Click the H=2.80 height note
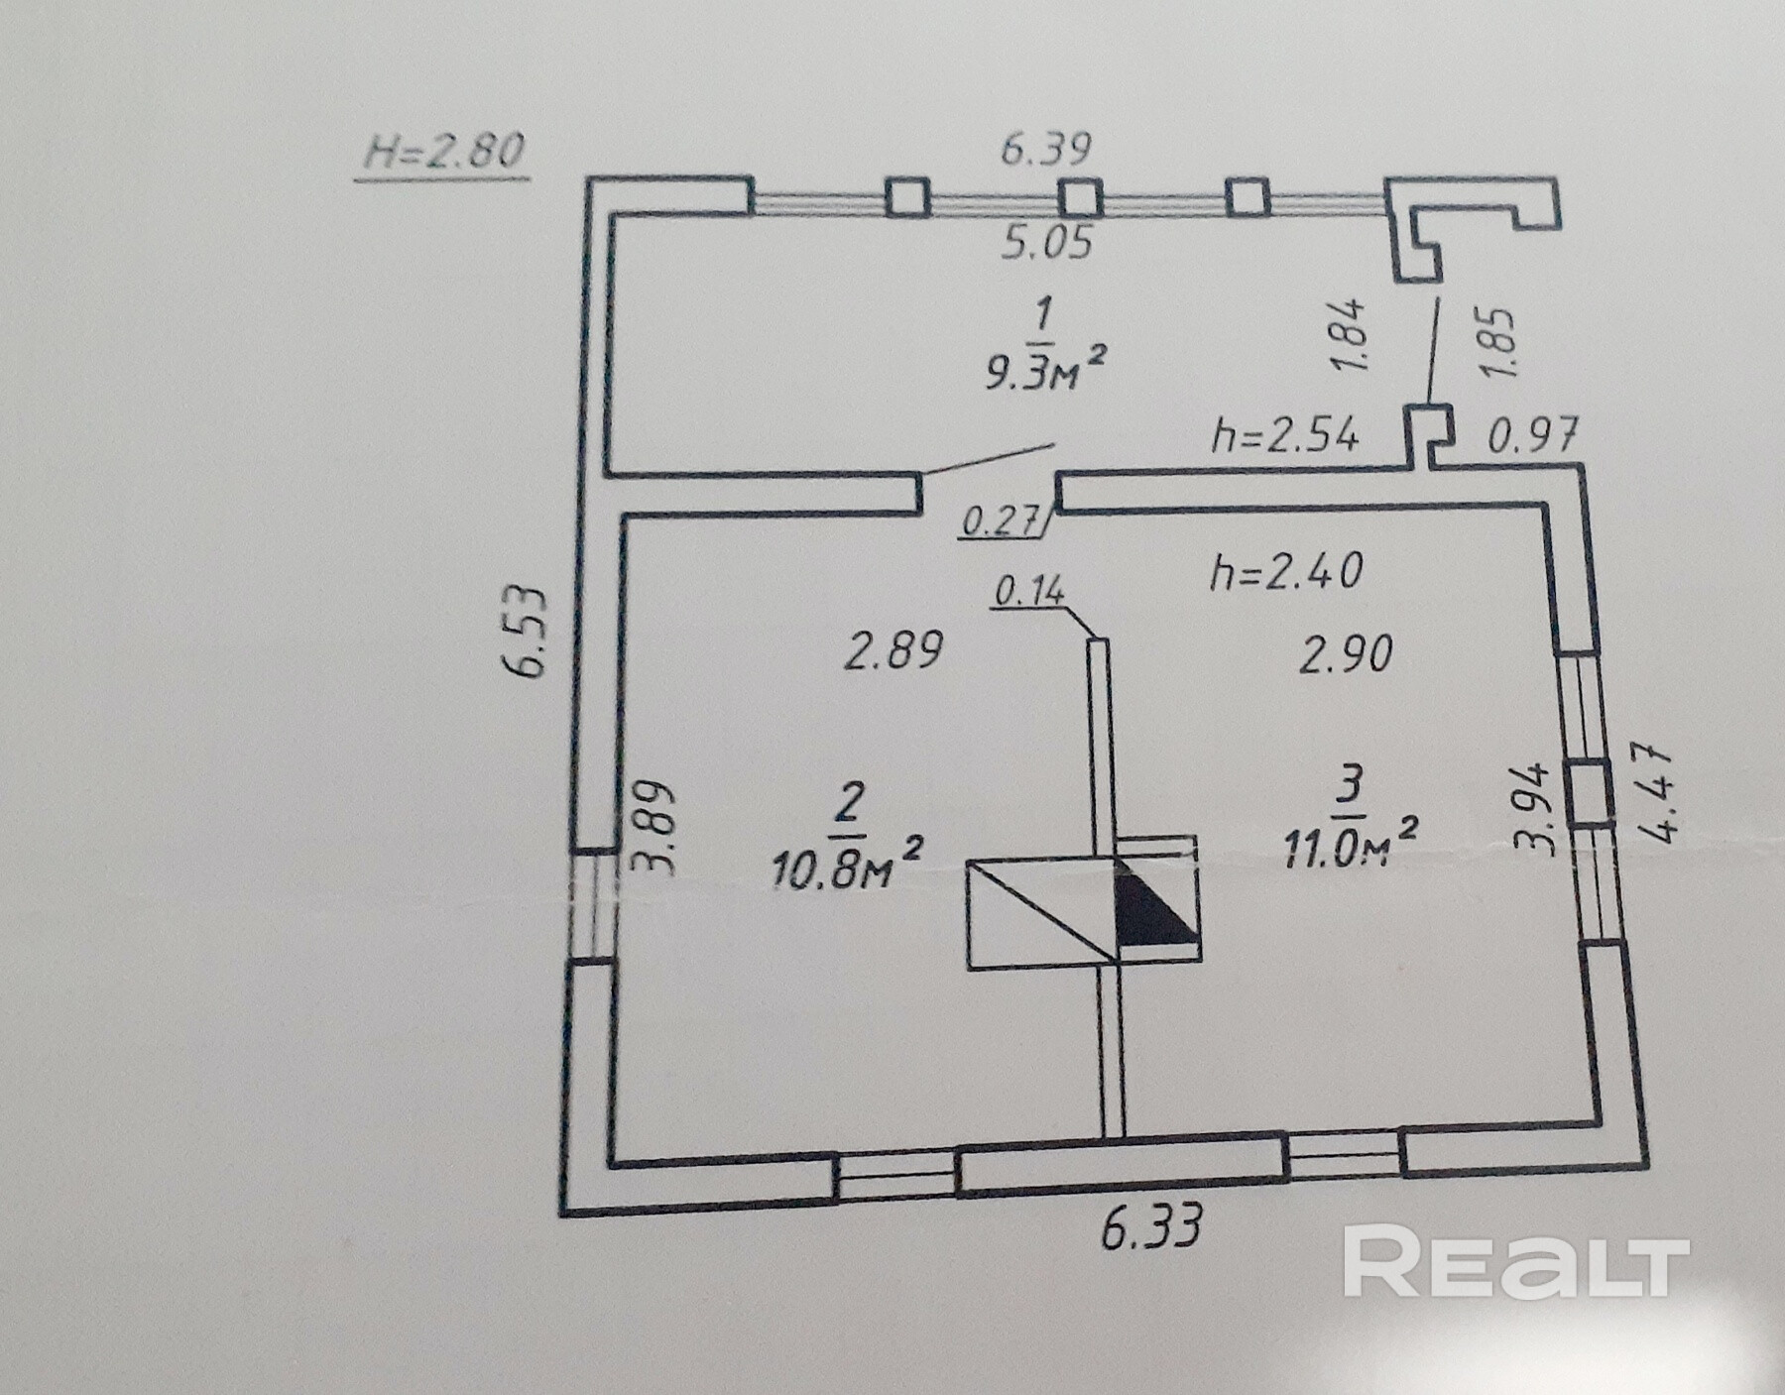tap(443, 152)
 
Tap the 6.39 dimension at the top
tap(1045, 149)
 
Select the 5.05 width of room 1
tap(1046, 242)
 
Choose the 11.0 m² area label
tap(1348, 845)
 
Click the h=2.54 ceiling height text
tap(1284, 435)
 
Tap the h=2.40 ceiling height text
tap(1286, 572)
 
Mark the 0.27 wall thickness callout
tap(1000, 521)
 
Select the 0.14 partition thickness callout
tap(1028, 592)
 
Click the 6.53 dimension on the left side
tap(529, 633)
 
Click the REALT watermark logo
tap(1515, 1261)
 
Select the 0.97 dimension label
tap(1531, 434)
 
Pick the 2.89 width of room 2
tap(892, 651)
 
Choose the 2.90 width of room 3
tap(1346, 654)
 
